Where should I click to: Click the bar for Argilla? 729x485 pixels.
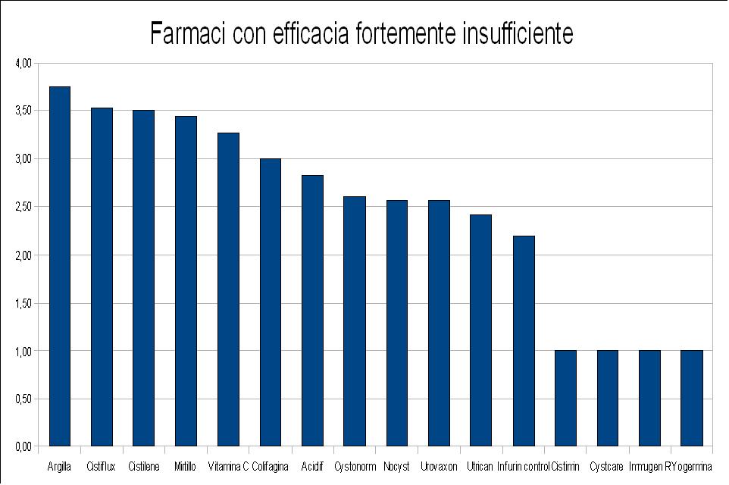(x=59, y=266)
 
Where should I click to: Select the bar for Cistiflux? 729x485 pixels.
(x=102, y=277)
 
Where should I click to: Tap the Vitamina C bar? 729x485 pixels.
(x=228, y=289)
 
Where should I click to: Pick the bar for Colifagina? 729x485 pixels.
(x=271, y=302)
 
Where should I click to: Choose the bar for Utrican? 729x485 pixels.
(x=480, y=330)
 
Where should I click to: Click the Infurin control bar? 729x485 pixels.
(x=524, y=341)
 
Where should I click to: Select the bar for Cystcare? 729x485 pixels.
(x=608, y=399)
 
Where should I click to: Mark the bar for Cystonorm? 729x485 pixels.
(x=355, y=321)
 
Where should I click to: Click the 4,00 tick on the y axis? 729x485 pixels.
(x=23, y=63)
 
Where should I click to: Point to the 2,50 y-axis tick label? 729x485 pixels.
(x=23, y=207)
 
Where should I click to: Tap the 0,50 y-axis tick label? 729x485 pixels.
(x=23, y=399)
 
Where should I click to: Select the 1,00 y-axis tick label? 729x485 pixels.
(x=23, y=351)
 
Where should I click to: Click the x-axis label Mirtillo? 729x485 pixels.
(x=185, y=466)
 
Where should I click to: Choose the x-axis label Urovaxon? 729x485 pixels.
(x=439, y=466)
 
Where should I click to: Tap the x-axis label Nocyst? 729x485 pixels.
(x=396, y=466)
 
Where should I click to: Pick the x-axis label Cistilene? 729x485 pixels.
(x=144, y=466)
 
